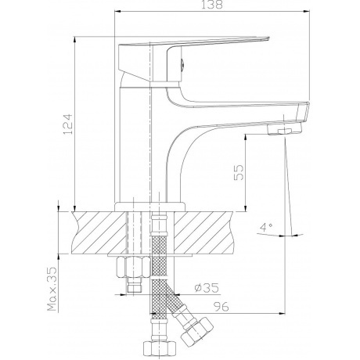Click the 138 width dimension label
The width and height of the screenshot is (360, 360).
[212, 5]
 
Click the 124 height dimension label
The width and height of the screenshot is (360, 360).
[68, 124]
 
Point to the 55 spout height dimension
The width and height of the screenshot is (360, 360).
[239, 172]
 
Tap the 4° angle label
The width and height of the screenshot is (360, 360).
[266, 227]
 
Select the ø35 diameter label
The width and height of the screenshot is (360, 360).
[207, 288]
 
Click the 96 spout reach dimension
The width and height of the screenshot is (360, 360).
[221, 307]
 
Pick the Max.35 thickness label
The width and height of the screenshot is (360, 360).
[52, 289]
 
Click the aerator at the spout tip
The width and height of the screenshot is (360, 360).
[284, 128]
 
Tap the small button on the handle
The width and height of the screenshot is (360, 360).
[182, 64]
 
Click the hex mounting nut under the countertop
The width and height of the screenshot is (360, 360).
[133, 267]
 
